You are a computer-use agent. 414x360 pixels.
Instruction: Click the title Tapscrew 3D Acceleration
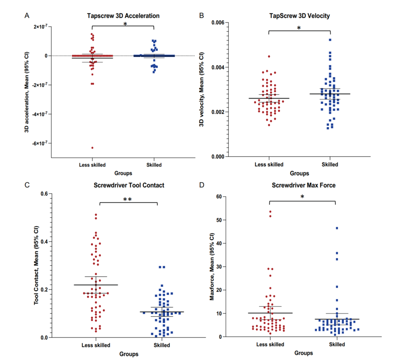point(123,16)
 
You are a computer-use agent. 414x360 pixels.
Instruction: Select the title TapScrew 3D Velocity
point(300,16)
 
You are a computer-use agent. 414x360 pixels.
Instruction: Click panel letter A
point(27,16)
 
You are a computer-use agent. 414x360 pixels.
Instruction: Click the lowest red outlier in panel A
point(92,147)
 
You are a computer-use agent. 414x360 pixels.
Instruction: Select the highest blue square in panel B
point(330,40)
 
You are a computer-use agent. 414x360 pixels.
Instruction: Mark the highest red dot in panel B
point(269,57)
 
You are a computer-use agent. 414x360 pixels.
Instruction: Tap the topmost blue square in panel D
point(337,228)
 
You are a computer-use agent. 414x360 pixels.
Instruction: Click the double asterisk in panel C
point(128,199)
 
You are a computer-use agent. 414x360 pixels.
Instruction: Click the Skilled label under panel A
point(154,164)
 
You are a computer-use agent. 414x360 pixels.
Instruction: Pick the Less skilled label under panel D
point(270,344)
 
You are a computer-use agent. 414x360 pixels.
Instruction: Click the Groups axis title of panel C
point(129,354)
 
